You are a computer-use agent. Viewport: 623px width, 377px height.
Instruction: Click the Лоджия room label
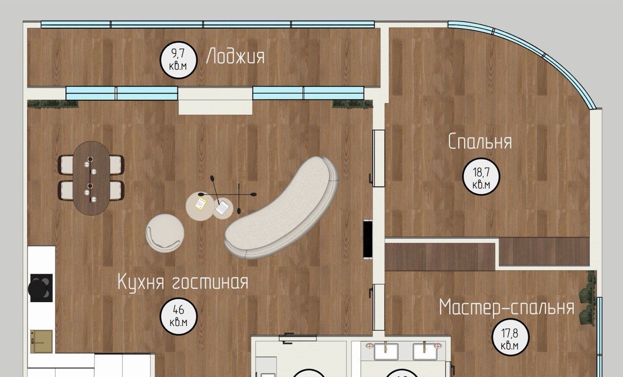235,57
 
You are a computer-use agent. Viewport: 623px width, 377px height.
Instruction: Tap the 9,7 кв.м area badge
178,59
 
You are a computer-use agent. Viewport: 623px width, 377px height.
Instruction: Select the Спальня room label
480,141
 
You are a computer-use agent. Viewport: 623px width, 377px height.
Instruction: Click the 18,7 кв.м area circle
481,177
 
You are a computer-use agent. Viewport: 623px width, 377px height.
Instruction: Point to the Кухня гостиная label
183,282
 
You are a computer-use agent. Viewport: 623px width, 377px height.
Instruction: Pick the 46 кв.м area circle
178,316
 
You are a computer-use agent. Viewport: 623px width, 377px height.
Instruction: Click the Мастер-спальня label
507,307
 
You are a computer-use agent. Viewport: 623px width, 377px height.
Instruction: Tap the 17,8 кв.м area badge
511,337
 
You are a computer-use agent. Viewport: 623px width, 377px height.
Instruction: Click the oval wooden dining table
91,178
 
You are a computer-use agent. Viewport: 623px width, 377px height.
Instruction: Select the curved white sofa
281,208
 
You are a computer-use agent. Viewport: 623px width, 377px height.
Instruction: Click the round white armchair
165,233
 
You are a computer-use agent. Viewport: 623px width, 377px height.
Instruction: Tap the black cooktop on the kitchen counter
41,288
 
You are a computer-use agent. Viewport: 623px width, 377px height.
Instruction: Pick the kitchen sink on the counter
41,341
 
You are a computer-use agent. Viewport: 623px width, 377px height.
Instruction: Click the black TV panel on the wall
367,239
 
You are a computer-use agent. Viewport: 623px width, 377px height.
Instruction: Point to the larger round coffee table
200,206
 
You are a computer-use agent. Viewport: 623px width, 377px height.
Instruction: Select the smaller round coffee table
223,209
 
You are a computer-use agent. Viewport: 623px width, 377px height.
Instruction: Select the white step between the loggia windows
215,101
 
